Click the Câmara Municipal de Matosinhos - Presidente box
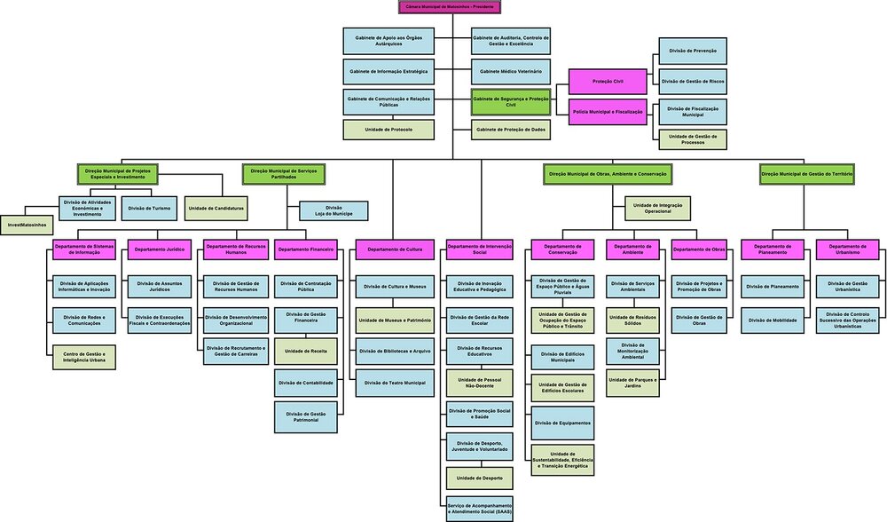[450, 6]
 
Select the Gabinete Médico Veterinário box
[510, 71]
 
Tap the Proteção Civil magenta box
[608, 81]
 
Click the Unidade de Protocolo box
[389, 130]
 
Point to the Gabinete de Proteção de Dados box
[510, 130]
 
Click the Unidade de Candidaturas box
[216, 208]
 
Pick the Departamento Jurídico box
[160, 250]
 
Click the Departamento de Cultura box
[395, 250]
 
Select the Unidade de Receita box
[305, 351]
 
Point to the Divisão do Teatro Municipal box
[395, 383]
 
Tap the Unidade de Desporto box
[480, 478]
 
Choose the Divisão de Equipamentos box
[562, 423]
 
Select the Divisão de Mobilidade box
[772, 320]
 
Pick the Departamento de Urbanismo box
[846, 250]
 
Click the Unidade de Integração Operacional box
[658, 208]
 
